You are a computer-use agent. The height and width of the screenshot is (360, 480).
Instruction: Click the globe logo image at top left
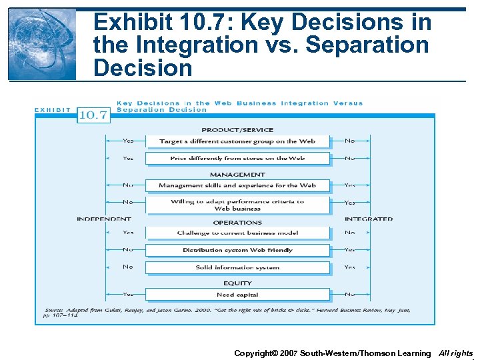click(x=42, y=45)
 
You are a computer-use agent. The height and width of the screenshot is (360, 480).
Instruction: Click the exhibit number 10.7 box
click(x=93, y=115)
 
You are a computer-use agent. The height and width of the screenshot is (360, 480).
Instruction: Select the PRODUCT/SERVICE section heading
click(x=237, y=130)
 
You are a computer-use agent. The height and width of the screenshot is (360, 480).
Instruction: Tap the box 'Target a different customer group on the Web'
click(x=237, y=141)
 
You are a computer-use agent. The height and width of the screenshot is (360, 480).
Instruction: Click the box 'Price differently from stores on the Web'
click(x=237, y=158)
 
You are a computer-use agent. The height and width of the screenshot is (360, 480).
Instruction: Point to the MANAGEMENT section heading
click(x=237, y=175)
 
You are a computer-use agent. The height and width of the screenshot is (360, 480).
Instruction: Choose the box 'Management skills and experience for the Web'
click(x=237, y=185)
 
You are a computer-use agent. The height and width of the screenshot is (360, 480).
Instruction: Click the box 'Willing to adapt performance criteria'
click(x=237, y=205)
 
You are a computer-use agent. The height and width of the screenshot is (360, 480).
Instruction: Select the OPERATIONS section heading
click(x=237, y=222)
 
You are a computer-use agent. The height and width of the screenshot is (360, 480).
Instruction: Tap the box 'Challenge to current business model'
click(x=237, y=233)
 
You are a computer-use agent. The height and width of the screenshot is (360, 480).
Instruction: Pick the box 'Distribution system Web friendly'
click(x=237, y=250)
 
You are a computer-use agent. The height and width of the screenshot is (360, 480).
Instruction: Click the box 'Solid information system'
click(x=237, y=267)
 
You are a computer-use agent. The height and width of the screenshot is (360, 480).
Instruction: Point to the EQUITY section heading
click(x=237, y=283)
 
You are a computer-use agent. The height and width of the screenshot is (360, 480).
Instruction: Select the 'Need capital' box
click(x=237, y=295)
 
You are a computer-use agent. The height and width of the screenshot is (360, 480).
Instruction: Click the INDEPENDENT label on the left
click(x=104, y=219)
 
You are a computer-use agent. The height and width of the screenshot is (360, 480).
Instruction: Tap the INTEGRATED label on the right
click(x=368, y=219)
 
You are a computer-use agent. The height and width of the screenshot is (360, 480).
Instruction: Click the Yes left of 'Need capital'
click(x=128, y=294)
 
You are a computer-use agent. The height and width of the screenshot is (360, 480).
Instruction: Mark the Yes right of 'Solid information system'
click(x=349, y=267)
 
